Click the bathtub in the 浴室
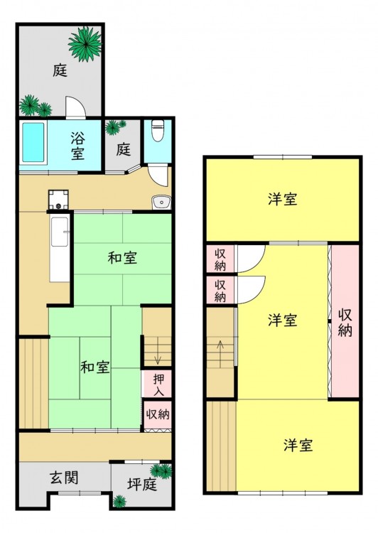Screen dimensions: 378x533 tap(33, 142)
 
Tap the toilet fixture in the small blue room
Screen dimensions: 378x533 tap(158, 131)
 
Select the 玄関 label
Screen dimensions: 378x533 tap(64, 478)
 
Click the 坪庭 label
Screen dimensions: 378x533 tap(142, 485)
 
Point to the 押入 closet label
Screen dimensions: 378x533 tap(158, 384)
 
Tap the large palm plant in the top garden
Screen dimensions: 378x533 tap(85, 44)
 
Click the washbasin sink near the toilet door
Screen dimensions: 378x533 tap(161, 203)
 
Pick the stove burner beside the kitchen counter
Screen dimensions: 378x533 tap(58, 200)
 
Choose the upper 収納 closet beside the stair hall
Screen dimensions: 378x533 tap(220, 259)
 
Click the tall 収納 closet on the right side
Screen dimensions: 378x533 tap(345, 321)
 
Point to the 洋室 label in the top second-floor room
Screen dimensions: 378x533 tap(283, 199)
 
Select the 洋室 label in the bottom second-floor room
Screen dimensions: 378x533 tap(298, 445)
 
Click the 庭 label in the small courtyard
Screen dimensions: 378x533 tap(123, 149)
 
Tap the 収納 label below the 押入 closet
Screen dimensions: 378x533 tap(158, 414)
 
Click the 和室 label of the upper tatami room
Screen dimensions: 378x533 tap(122, 258)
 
